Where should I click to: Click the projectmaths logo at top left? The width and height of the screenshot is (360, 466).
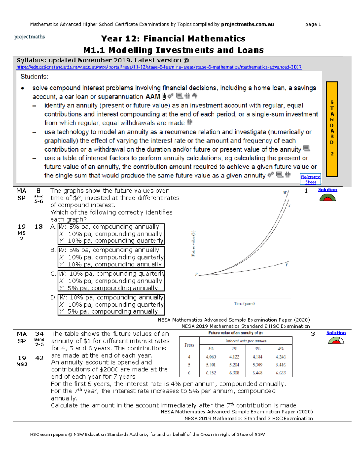tap(30, 37)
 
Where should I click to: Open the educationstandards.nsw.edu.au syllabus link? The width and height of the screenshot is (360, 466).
tap(159, 67)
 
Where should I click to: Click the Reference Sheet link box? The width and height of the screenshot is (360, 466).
tap(310, 179)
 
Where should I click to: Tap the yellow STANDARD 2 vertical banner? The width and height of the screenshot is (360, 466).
tap(332, 129)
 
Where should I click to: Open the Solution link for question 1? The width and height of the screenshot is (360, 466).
tap(328, 190)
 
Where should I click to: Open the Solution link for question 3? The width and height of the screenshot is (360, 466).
tap(336, 333)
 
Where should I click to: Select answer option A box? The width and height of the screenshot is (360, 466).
tap(111, 234)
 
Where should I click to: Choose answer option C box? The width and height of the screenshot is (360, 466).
tap(111, 281)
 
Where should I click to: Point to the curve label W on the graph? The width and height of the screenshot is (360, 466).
tap(285, 192)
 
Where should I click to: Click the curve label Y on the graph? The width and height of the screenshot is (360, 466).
tap(286, 265)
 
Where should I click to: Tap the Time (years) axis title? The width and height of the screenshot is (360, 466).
tap(244, 304)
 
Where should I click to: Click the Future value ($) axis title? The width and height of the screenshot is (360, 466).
tap(193, 243)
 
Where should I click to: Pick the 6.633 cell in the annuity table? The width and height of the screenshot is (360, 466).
tap(280, 373)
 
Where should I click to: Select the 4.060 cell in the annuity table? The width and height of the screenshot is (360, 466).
tap(211, 357)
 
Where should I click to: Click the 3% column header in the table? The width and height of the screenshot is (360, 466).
tap(257, 349)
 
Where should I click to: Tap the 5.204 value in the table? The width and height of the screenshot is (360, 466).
tap(234, 365)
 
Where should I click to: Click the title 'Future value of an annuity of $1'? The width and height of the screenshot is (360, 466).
tap(235, 333)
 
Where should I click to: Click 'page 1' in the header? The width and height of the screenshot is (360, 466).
tap(313, 24)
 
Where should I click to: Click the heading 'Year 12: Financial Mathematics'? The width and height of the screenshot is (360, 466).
tap(173, 39)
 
